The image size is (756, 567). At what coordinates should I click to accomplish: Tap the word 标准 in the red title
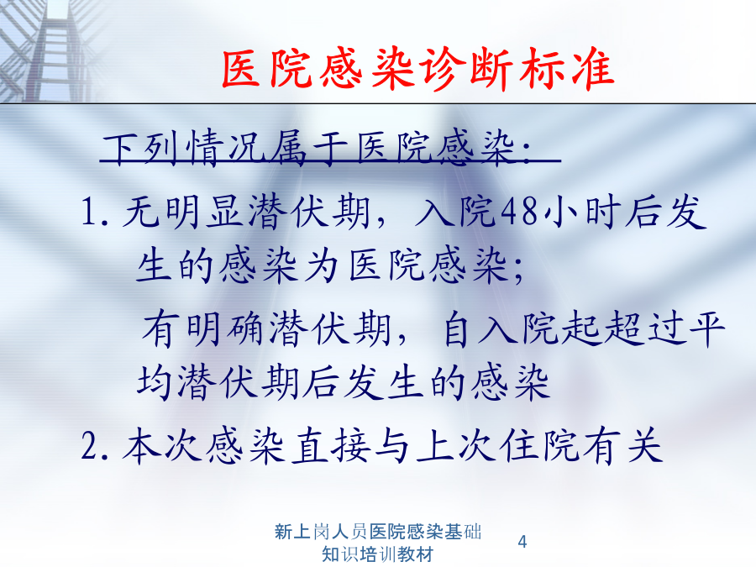pos(566,69)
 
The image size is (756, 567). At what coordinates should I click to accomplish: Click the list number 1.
pos(95,213)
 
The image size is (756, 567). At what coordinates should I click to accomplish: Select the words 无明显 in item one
pos(183,213)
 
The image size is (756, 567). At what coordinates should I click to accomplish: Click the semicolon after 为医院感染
pos(517,271)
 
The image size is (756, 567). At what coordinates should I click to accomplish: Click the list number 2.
pos(95,447)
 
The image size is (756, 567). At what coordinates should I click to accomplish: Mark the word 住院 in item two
pos(539,447)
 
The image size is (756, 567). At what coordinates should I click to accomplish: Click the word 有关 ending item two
pos(622,447)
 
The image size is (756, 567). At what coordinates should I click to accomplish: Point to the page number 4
pos(522,542)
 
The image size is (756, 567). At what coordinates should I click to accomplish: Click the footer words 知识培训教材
pos(377,554)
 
